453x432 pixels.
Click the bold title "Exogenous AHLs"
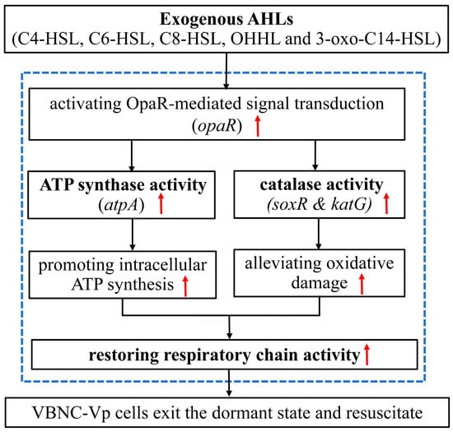[226, 19]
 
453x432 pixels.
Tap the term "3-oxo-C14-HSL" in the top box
[376, 39]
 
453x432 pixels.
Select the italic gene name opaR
[217, 126]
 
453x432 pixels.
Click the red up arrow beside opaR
[258, 126]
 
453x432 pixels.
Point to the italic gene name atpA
[121, 205]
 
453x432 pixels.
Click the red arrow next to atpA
[161, 203]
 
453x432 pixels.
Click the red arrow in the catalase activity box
[386, 203]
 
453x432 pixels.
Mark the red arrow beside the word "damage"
[362, 284]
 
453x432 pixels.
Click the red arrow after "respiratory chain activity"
[367, 355]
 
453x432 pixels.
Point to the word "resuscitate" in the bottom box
[385, 413]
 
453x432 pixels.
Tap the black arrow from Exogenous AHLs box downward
[226, 71]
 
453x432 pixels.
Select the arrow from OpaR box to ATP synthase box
[132, 156]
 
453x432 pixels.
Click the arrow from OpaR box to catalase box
[315, 156]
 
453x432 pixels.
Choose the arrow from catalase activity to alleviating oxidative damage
[319, 234]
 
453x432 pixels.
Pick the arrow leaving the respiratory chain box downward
[229, 383]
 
